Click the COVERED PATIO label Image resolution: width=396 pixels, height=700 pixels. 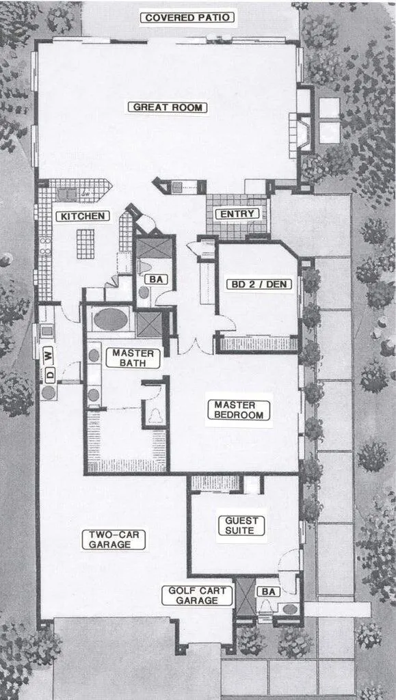pos(187,18)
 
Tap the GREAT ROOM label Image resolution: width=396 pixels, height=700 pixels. pos(170,107)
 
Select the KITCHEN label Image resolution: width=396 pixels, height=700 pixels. pos(82,216)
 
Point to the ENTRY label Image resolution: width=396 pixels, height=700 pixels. pos(237,214)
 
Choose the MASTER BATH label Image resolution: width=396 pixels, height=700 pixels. pos(133,358)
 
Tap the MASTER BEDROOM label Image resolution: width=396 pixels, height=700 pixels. pos(239,410)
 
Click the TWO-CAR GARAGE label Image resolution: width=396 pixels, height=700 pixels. pos(116,539)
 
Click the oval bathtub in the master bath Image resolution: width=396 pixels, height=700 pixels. pos(111,319)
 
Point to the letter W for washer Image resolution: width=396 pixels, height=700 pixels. pos(48,355)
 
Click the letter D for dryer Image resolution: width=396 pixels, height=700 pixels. pos(48,374)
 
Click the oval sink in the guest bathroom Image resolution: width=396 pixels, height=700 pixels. pos(290,608)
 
